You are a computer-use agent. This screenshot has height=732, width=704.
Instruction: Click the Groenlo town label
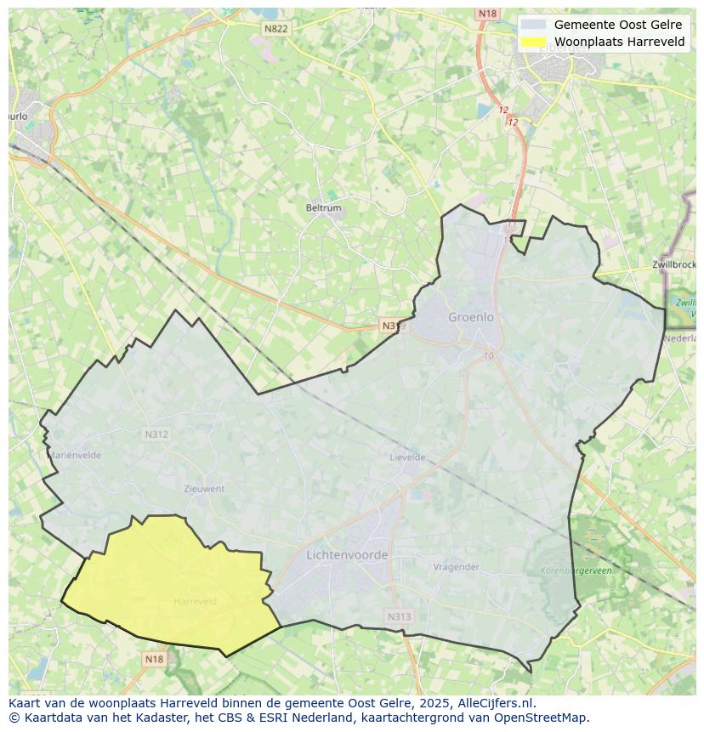(x=470, y=317)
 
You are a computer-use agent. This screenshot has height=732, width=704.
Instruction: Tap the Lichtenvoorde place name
(x=347, y=554)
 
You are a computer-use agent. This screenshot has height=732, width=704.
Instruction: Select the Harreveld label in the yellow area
(x=195, y=601)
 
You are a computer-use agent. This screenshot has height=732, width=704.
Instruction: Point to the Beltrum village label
(x=323, y=207)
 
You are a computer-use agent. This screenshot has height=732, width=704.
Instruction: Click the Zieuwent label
(x=204, y=489)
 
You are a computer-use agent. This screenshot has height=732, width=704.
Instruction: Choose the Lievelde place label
(x=407, y=457)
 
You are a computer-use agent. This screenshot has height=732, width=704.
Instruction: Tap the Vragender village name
(x=456, y=567)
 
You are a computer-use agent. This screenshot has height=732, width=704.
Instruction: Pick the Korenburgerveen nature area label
(x=576, y=571)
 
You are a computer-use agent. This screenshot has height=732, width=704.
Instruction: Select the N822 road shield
(x=275, y=29)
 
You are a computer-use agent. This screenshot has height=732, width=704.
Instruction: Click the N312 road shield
(x=156, y=434)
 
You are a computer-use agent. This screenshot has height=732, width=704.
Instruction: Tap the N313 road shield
(x=399, y=617)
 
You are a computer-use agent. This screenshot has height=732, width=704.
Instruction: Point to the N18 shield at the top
(x=487, y=14)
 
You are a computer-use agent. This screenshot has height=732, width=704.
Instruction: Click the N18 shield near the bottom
(x=154, y=659)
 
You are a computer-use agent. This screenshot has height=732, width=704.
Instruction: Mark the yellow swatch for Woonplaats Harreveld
(x=534, y=42)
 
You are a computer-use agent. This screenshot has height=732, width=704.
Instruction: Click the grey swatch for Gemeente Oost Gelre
(x=534, y=25)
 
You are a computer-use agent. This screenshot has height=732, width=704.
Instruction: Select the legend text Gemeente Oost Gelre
(x=618, y=25)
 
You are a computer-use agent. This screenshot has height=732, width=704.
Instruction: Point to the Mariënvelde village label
(x=76, y=455)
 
